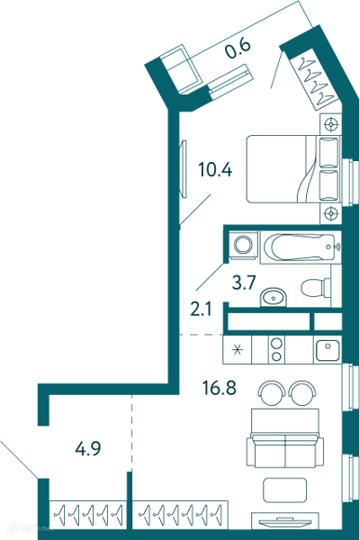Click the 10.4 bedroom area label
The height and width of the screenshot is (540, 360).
pos(215,170)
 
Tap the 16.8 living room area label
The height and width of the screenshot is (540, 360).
pos(219,388)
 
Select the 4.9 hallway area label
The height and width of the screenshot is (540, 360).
pos(88,449)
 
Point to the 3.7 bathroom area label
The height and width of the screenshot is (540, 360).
pos(244,283)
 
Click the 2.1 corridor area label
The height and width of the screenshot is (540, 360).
pos(201,310)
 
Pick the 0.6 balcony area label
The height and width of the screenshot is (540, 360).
pos(238,49)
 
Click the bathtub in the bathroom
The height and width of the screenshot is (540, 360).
pos(301,247)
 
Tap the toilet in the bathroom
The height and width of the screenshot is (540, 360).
pos(316,287)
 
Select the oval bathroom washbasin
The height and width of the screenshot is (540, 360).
pos(273,296)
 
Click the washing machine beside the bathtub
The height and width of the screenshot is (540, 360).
pos(244,244)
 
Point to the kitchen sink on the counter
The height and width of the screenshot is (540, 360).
pos(328,350)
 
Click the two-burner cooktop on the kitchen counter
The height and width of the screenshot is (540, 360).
pos(276,349)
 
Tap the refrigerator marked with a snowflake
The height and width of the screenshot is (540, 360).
pos(238,349)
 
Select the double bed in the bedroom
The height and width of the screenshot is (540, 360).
pos(293,169)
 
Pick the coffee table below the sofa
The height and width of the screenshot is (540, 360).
pos(284,490)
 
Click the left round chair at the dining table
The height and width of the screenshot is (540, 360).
pos(272,393)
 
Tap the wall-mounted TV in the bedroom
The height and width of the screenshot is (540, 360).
pos(183,169)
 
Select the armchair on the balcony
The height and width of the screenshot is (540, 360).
pos(180,69)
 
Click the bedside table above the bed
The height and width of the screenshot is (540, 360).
pos(330,124)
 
